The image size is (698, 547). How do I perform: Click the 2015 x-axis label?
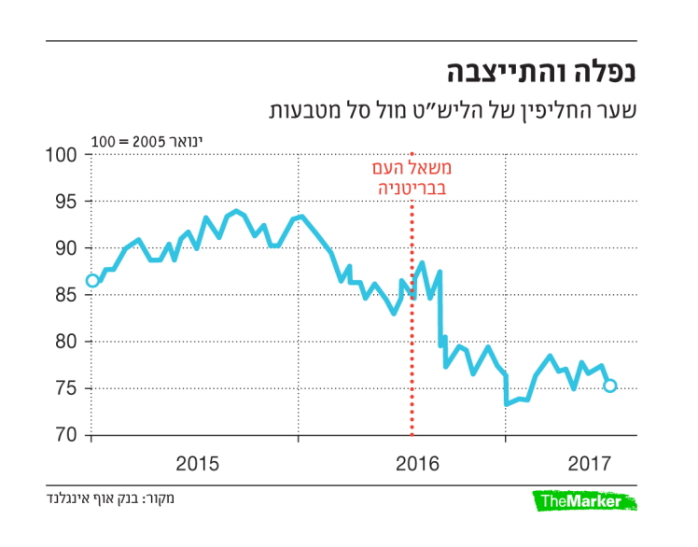[x=196, y=463]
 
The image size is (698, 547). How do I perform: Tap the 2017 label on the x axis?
[x=588, y=463]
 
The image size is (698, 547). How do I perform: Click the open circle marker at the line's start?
[x=92, y=281]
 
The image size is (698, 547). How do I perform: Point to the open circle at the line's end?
[x=610, y=386]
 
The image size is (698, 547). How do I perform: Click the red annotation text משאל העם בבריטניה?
[x=412, y=179]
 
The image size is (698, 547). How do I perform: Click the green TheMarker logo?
[x=584, y=502]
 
